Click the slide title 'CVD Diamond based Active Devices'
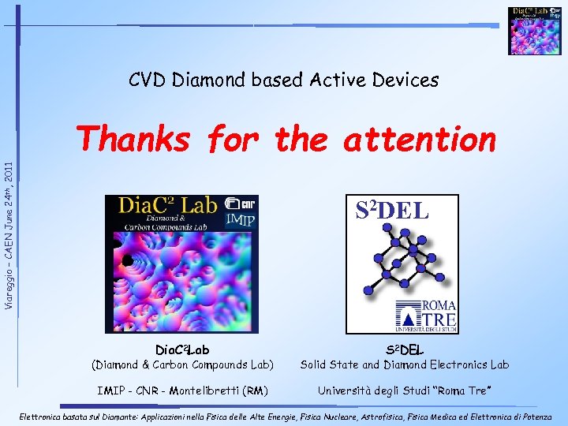point(283,80)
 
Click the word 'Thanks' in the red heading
point(135,140)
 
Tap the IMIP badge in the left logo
point(240,220)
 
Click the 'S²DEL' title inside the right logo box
point(391,211)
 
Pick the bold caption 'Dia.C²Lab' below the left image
point(182,349)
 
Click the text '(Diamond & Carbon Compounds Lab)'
point(182,364)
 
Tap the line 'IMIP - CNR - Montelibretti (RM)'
point(182,390)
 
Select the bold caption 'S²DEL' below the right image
point(404,349)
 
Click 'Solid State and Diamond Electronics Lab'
point(404,364)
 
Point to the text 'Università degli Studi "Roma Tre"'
point(404,390)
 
